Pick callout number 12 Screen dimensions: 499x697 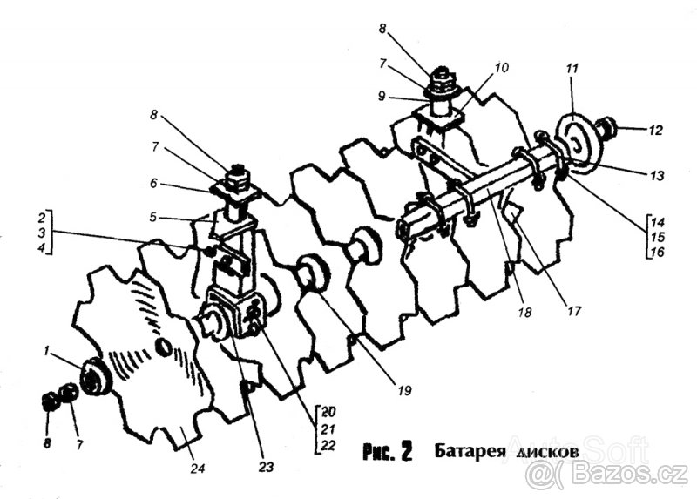coord(654,131)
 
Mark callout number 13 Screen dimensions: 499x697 coord(656,175)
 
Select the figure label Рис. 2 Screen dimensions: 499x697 coord(386,453)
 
